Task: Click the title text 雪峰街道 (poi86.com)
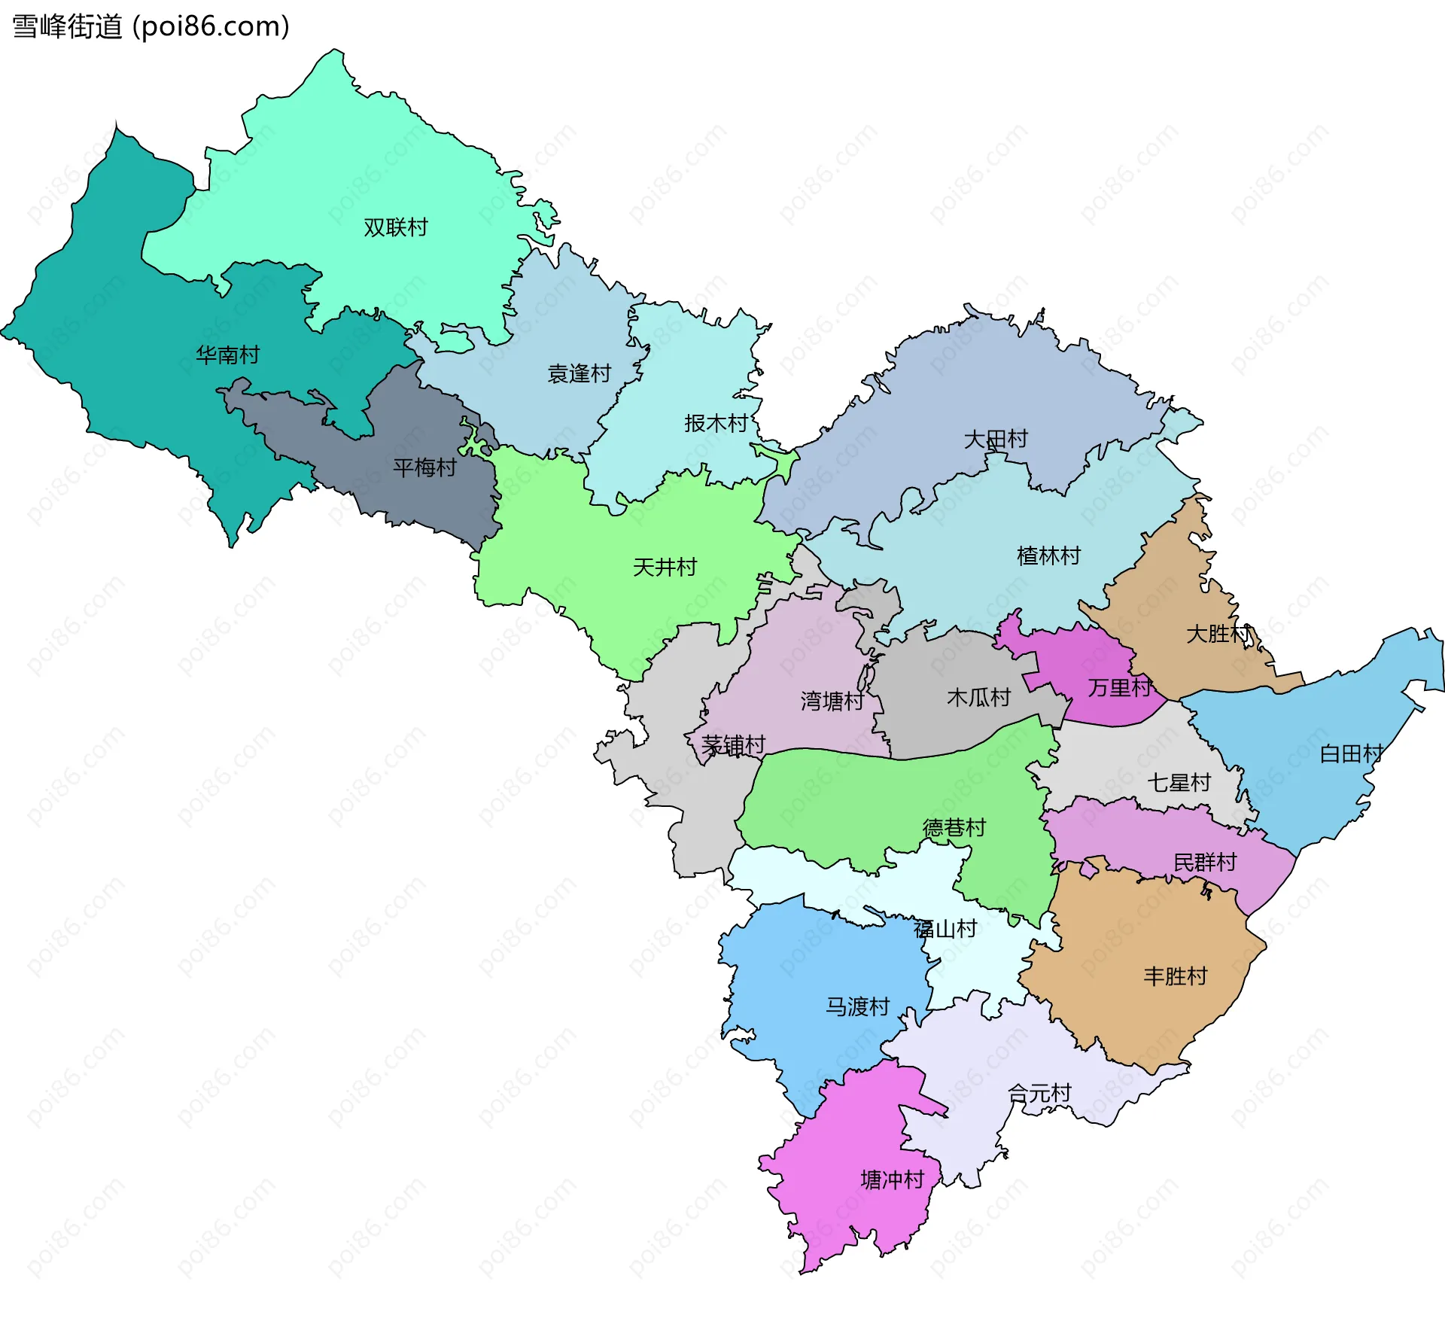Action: pyautogui.click(x=151, y=27)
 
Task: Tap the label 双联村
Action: pyautogui.click(x=395, y=227)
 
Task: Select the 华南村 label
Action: pyautogui.click(x=227, y=355)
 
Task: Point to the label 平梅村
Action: pyautogui.click(x=424, y=467)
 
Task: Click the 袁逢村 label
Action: pyautogui.click(x=579, y=373)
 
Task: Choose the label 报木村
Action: pyautogui.click(x=716, y=423)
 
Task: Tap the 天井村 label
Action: pyautogui.click(x=665, y=567)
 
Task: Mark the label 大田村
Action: pyautogui.click(x=995, y=439)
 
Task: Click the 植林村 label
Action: pyautogui.click(x=1048, y=555)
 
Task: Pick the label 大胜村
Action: pyautogui.click(x=1217, y=634)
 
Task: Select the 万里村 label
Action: pyautogui.click(x=1119, y=687)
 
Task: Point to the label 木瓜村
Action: pyautogui.click(x=978, y=697)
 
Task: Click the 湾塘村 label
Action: pyautogui.click(x=832, y=701)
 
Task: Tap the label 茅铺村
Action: pyautogui.click(x=733, y=745)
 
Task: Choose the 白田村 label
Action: pyautogui.click(x=1351, y=753)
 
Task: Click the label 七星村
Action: pyautogui.click(x=1178, y=783)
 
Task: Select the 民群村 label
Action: pyautogui.click(x=1205, y=862)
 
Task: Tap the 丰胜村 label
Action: pyautogui.click(x=1175, y=976)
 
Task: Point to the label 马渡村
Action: pyautogui.click(x=857, y=1006)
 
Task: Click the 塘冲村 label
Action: pyautogui.click(x=892, y=1179)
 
